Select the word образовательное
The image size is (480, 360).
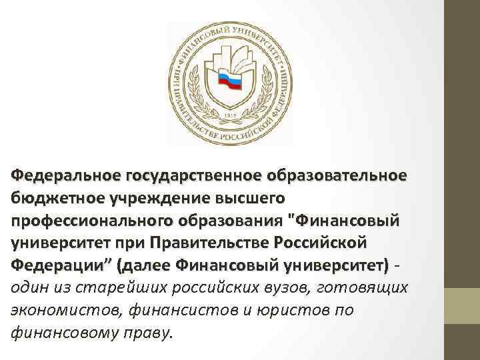click(335, 175)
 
